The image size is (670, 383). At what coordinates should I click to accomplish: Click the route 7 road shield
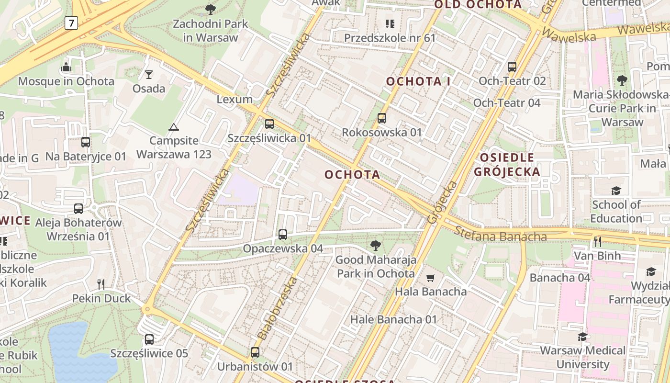71,23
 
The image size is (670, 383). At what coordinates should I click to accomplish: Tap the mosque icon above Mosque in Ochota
66,67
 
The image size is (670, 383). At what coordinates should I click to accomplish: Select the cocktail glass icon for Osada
149,74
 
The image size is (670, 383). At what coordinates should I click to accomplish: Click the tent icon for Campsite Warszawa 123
173,127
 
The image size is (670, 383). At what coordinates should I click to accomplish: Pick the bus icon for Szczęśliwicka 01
269,124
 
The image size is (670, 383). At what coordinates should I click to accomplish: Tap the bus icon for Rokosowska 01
382,118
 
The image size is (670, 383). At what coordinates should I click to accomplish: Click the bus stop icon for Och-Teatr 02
512,67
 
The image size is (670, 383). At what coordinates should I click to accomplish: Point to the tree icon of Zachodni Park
210,9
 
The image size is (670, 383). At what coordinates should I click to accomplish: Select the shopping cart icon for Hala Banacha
431,278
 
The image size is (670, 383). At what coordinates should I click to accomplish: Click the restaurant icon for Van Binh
598,242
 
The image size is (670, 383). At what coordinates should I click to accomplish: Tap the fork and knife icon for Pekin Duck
101,284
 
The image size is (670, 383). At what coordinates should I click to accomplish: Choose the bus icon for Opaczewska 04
283,235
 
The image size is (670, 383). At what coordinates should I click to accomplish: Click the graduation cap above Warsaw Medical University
582,337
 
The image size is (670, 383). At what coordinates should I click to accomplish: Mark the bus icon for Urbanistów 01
255,352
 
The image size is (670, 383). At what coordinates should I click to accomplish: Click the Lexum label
234,100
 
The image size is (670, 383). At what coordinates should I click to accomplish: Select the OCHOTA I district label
418,81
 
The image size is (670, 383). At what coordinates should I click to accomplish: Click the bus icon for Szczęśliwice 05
149,339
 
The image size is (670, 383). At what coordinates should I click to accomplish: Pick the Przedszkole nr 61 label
390,38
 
